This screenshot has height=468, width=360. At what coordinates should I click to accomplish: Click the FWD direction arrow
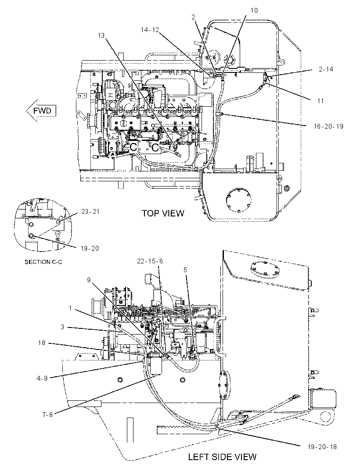click(x=41, y=111)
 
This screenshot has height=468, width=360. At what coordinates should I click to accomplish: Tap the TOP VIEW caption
click(x=163, y=213)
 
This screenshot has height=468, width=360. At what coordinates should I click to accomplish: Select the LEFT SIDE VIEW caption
click(x=222, y=457)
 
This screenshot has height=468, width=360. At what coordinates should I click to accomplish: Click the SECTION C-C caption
click(x=43, y=262)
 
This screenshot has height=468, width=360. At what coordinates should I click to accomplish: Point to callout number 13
click(x=101, y=36)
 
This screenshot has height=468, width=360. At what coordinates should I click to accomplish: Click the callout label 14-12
click(x=150, y=30)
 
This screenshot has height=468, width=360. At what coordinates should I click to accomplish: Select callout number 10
click(x=254, y=11)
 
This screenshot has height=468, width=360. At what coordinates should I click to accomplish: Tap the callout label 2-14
click(x=326, y=69)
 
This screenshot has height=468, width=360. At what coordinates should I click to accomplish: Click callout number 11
click(x=320, y=101)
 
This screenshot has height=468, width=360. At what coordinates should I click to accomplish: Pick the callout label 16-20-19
click(x=328, y=126)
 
